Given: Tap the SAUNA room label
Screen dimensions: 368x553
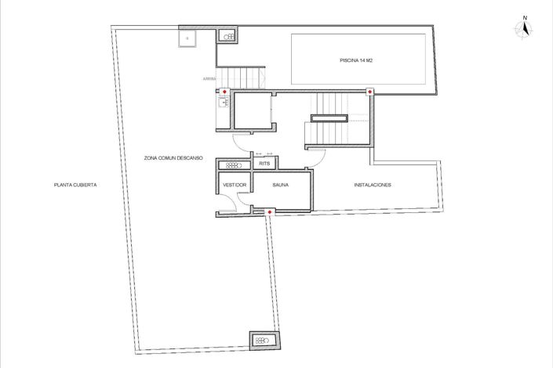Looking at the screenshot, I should tap(280, 185).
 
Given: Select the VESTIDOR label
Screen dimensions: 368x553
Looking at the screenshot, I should tap(235, 185).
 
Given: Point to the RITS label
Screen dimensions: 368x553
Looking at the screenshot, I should tap(264, 164).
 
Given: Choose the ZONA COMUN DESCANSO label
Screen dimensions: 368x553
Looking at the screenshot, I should tap(173, 158).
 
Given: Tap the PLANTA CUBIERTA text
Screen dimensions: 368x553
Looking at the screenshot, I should tap(75, 185).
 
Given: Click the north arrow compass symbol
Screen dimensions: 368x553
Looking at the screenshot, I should tap(525, 28).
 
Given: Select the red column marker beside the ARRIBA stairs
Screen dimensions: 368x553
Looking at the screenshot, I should tap(225, 92).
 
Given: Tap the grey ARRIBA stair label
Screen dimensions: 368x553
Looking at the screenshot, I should tap(209, 79).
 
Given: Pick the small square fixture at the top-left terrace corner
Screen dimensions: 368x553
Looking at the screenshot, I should tap(189, 37).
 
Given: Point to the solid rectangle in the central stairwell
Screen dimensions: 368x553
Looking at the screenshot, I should tap(329, 118).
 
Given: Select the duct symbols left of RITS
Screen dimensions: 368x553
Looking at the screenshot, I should tap(233, 164).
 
